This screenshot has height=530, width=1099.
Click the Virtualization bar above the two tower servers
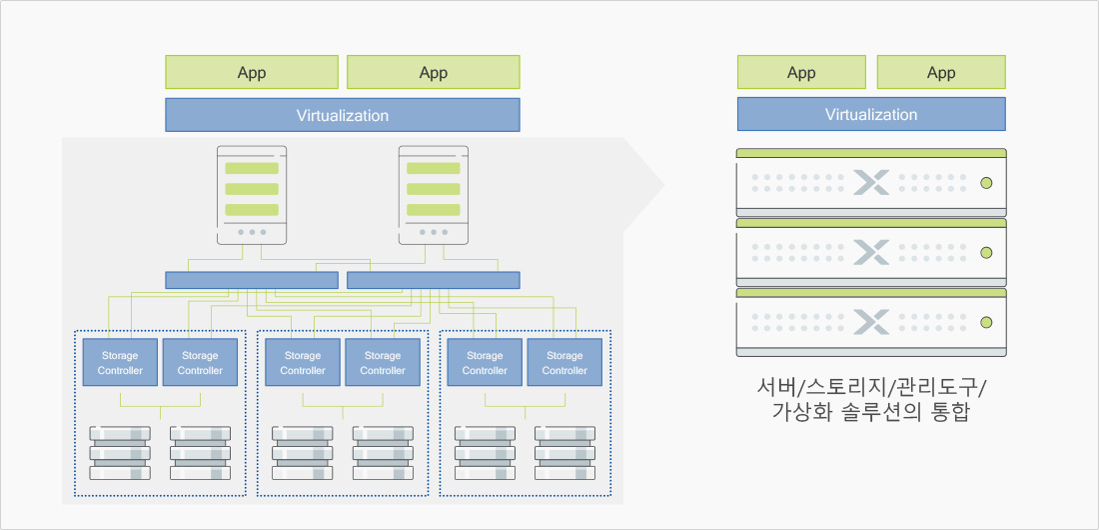(342, 115)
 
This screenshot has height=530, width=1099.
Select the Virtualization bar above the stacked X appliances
(871, 114)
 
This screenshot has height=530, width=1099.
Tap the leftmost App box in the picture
(252, 72)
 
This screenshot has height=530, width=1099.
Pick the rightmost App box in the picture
(941, 72)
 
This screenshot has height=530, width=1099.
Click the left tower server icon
(252, 195)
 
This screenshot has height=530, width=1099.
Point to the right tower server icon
(433, 195)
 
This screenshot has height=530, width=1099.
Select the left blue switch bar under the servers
(251, 280)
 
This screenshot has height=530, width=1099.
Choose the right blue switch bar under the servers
(433, 280)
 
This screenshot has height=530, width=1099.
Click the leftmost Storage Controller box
(120, 363)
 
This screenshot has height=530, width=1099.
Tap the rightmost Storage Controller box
(564, 363)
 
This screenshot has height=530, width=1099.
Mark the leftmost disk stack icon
(120, 452)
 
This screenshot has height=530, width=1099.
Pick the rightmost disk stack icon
(564, 452)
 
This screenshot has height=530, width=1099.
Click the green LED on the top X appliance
(986, 183)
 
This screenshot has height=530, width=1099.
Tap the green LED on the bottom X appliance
(986, 322)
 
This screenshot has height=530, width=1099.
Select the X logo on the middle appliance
(871, 253)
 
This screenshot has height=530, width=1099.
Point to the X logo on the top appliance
(871, 183)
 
